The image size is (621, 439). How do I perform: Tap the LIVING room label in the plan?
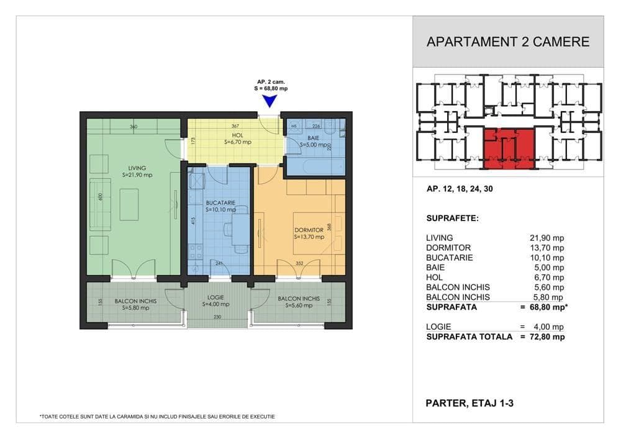click(137, 168)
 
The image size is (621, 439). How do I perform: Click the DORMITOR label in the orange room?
click(309, 230)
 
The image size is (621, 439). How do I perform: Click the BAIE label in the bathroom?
click(313, 138)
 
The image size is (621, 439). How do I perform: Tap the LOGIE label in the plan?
click(217, 297)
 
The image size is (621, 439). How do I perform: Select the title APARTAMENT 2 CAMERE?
click(508, 42)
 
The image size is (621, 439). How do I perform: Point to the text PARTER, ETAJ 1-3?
click(469, 403)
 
